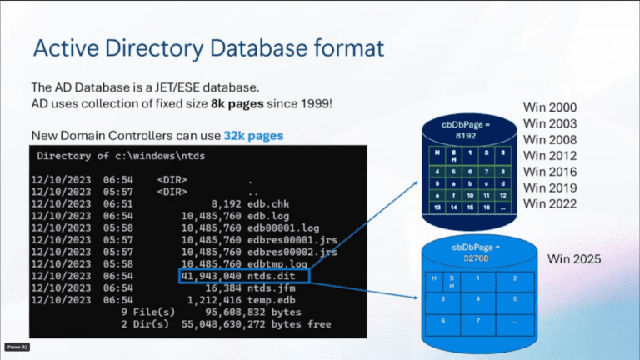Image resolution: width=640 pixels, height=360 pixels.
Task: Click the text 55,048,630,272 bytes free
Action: [x=256, y=324]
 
